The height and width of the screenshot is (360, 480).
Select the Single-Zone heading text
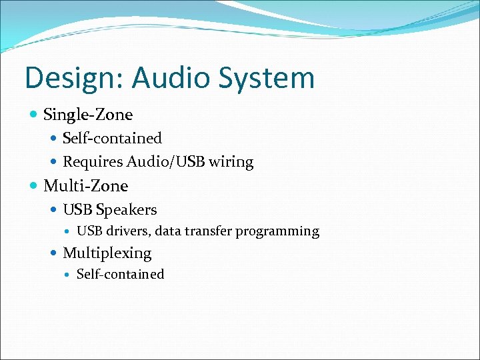[x=88, y=115]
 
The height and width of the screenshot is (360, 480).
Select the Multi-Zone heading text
[x=85, y=186]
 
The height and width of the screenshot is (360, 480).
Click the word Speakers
[x=126, y=210]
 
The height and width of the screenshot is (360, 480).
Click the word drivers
[x=126, y=232]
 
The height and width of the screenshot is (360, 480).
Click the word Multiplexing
[x=107, y=253]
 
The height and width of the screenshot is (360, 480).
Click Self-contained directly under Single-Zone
[x=112, y=139]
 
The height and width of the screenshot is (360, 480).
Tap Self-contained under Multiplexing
[x=120, y=275]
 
